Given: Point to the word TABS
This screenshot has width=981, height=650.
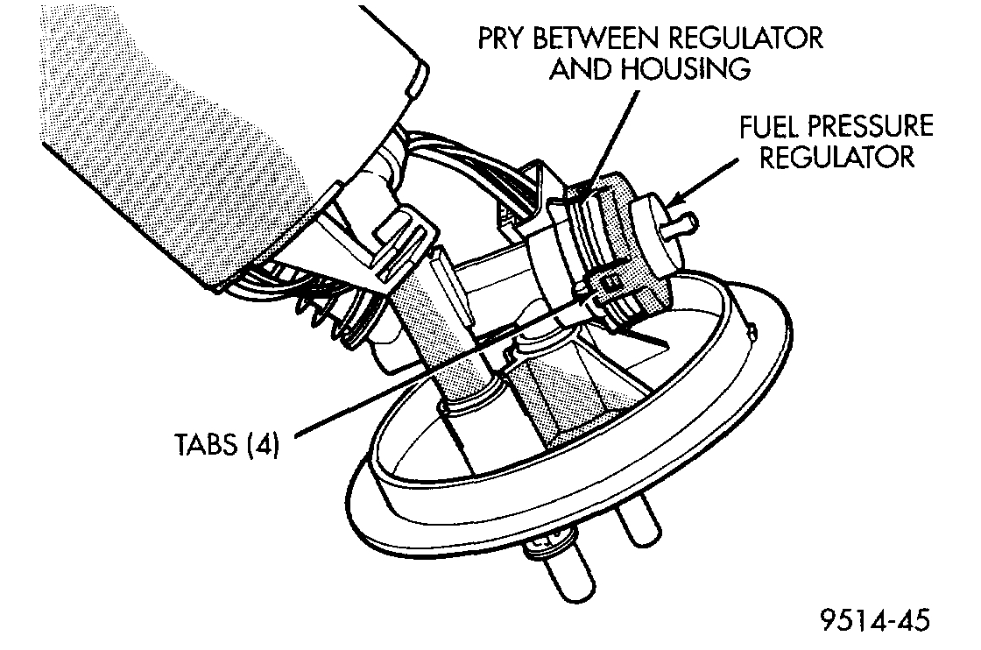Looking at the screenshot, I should (208, 445).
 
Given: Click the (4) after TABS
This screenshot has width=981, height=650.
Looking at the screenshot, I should (262, 445).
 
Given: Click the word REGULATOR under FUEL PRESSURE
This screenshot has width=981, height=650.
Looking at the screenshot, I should (836, 158).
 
